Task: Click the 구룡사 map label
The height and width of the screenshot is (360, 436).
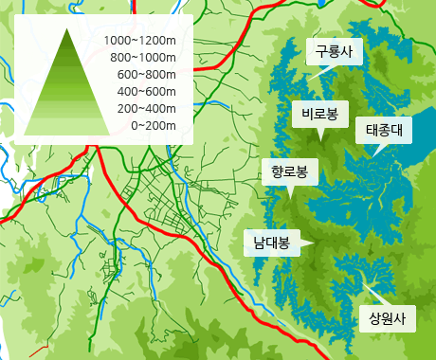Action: point(334,52)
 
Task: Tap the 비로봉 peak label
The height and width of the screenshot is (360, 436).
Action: point(319,116)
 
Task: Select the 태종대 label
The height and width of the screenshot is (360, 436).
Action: point(384,130)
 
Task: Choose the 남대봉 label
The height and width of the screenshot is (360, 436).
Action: point(271,242)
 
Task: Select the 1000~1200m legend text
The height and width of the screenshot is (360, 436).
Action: point(140,41)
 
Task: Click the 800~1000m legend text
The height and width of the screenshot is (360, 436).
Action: point(143,58)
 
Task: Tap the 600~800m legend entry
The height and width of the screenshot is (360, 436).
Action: point(147,75)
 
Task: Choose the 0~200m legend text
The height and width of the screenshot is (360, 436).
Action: point(154,126)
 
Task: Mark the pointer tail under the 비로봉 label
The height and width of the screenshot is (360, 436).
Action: point(321,135)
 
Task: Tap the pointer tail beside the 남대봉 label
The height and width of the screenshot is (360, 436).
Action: point(307,243)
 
